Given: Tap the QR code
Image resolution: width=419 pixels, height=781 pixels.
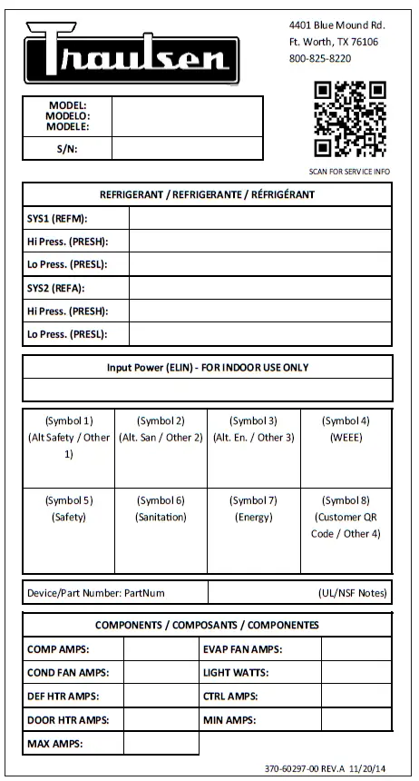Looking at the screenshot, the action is pyautogui.click(x=350, y=119).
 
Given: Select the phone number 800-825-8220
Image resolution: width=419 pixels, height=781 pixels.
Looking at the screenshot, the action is pyautogui.click(x=319, y=58).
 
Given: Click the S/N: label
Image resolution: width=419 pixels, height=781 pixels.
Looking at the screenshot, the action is pyautogui.click(x=66, y=149).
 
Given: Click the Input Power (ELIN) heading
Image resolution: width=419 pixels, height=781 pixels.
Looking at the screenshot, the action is pyautogui.click(x=208, y=368).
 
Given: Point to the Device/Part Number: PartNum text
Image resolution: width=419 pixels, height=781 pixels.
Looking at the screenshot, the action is pyautogui.click(x=96, y=593).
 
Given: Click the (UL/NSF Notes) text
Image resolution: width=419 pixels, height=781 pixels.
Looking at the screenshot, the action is pyautogui.click(x=354, y=593).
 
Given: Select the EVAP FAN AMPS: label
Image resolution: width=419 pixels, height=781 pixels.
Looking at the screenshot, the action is pyautogui.click(x=244, y=649).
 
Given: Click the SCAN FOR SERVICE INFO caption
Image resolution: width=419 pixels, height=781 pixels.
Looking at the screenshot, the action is pyautogui.click(x=349, y=171).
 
